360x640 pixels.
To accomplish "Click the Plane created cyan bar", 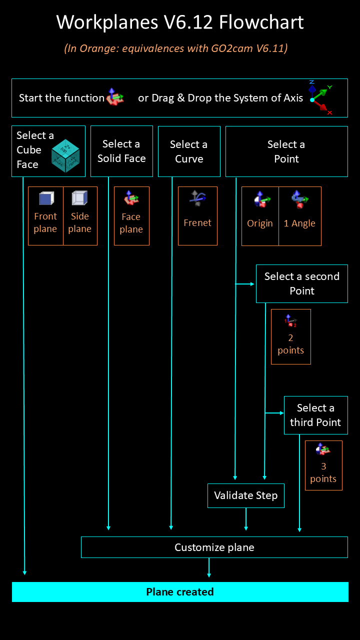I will [x=180, y=592].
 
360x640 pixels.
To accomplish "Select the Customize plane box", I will [x=214, y=547].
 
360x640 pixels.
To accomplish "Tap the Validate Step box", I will [x=245, y=495].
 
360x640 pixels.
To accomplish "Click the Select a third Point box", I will [x=315, y=415].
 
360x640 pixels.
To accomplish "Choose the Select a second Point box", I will [x=301, y=283].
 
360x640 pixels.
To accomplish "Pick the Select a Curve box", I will [x=189, y=151].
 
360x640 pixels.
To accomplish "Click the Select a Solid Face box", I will [x=121, y=151].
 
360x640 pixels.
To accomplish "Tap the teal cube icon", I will [x=65, y=155].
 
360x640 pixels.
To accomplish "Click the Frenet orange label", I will [x=197, y=223].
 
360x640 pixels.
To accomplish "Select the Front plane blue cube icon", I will [x=46, y=199].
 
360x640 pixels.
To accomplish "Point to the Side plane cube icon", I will [x=79, y=199].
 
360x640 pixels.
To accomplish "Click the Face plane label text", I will [x=131, y=223].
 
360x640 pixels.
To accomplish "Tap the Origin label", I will [x=260, y=223].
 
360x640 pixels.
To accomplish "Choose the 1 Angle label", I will [x=299, y=223].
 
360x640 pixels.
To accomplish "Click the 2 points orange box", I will [x=290, y=336].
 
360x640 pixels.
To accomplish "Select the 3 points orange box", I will [x=323, y=465].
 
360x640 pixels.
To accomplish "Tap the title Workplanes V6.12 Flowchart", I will [x=180, y=22].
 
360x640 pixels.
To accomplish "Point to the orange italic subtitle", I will [x=175, y=48].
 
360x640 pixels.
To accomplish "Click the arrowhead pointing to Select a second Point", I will [x=252, y=284].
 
